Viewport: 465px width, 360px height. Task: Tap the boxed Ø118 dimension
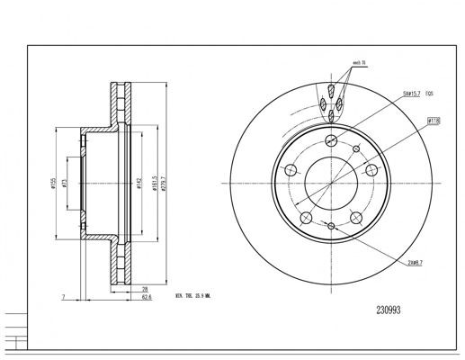click(x=433, y=120)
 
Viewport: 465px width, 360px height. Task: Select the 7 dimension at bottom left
click(x=64, y=295)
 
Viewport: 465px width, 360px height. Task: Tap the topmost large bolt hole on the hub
click(x=332, y=139)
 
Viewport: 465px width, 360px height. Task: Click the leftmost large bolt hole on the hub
click(x=291, y=169)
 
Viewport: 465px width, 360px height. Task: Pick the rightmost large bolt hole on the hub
click(x=372, y=169)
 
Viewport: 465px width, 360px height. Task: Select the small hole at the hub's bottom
click(x=332, y=225)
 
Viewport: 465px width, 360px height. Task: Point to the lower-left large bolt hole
click(x=307, y=217)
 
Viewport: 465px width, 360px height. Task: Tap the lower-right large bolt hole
click(x=357, y=217)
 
